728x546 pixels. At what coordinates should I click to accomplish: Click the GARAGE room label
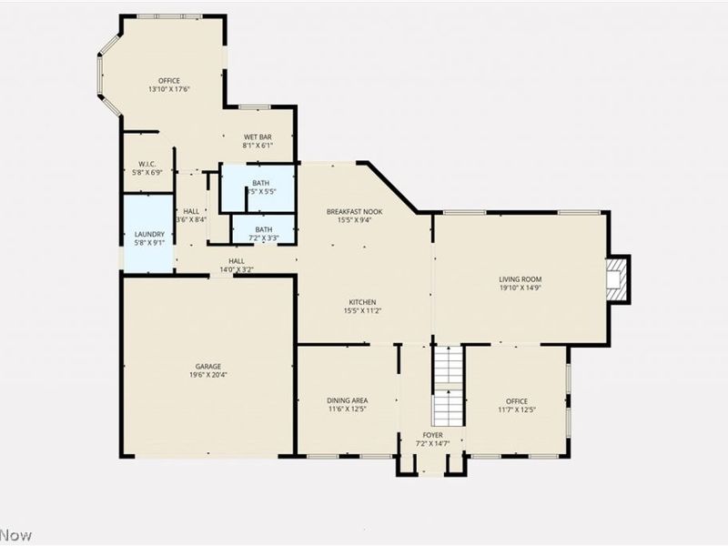[207, 366]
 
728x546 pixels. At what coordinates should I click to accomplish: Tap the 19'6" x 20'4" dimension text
[207, 375]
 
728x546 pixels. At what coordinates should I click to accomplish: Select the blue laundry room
[148, 233]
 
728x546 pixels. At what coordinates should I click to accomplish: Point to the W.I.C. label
[147, 164]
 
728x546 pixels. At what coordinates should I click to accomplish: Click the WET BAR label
[258, 137]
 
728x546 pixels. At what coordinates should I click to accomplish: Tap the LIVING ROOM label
[520, 279]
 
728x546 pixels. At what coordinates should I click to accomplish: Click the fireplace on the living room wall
[618, 279]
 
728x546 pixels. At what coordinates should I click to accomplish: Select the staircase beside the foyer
[447, 386]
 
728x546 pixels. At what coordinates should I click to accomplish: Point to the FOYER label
[432, 435]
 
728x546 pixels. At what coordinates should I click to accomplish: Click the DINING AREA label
[347, 400]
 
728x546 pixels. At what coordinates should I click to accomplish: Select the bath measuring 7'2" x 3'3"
[263, 234]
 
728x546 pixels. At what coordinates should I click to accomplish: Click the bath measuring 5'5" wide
[260, 187]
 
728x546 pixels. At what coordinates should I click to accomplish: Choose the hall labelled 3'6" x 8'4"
[192, 214]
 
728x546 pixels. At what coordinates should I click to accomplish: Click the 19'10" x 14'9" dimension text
[520, 288]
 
